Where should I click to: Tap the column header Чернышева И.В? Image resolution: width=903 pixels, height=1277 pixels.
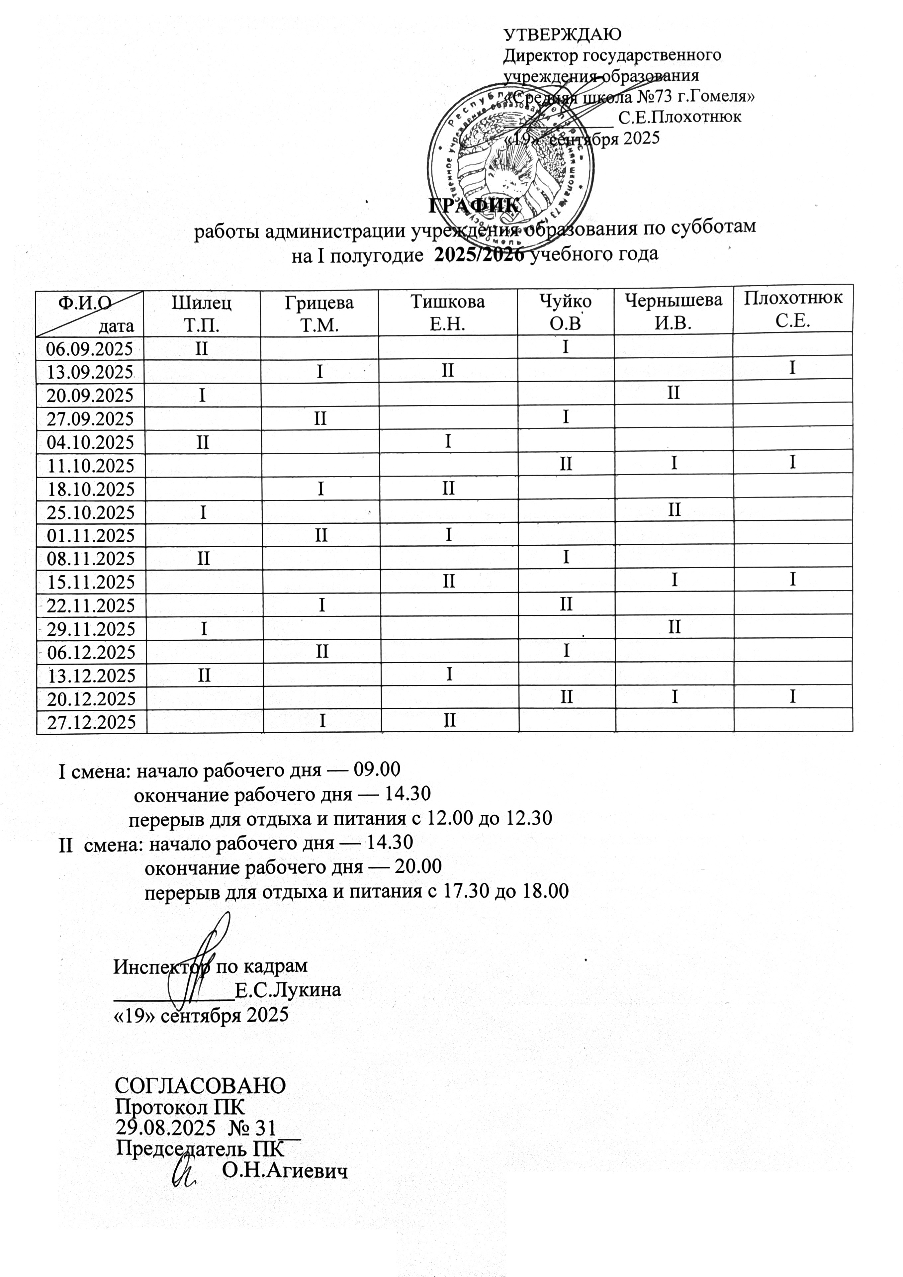[674, 311]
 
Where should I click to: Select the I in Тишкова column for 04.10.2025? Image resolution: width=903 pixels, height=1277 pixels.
[448, 441]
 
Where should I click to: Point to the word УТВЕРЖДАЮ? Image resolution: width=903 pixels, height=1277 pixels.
[562, 35]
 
